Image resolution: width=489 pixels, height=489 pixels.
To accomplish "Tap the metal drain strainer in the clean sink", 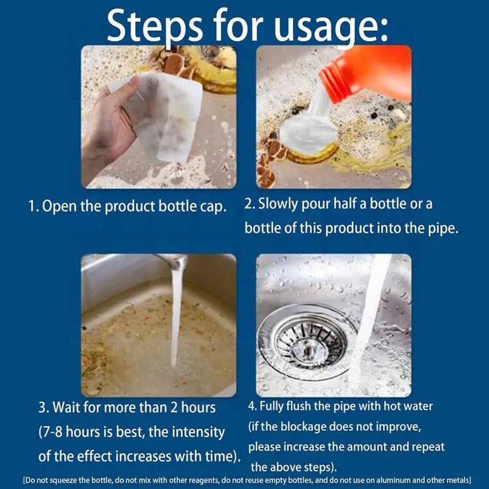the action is tap(309, 342).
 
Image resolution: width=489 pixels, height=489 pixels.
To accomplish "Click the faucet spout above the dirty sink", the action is tap(172, 261).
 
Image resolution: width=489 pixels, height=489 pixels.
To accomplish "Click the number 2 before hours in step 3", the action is tap(174, 408).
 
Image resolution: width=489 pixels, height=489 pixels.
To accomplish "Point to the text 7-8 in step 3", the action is tap(52, 432).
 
